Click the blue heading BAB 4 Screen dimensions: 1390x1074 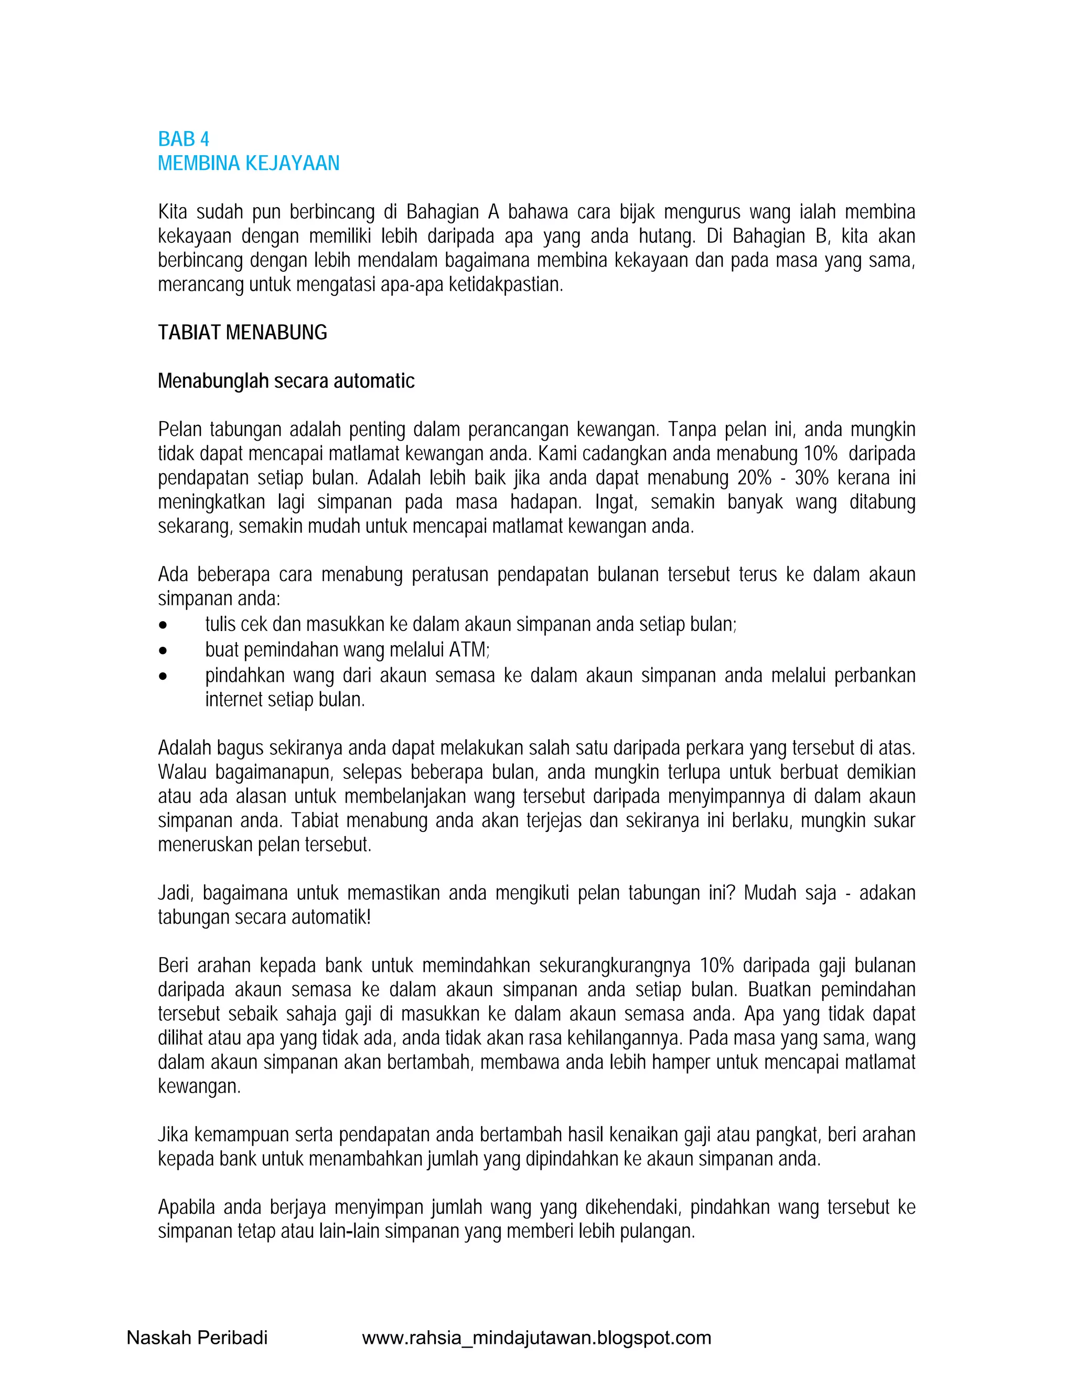point(183,139)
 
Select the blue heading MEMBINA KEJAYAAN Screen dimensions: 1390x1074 point(248,164)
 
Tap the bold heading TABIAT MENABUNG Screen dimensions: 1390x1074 point(242,332)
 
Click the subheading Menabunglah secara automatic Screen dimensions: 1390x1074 point(286,381)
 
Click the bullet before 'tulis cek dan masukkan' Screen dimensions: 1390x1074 point(164,626)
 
